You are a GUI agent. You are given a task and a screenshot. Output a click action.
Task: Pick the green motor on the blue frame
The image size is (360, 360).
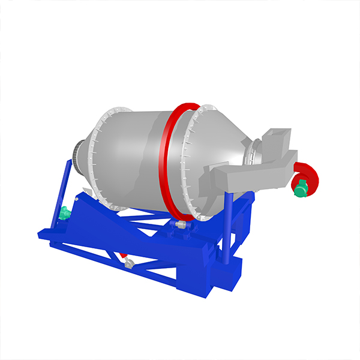[x=64, y=213]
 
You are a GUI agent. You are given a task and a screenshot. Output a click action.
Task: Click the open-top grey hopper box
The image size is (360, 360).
[x=278, y=139]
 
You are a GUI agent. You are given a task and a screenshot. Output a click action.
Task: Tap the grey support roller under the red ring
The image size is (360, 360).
[x=180, y=224]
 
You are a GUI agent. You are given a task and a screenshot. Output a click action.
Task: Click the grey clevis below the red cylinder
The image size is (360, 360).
[x=130, y=265]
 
